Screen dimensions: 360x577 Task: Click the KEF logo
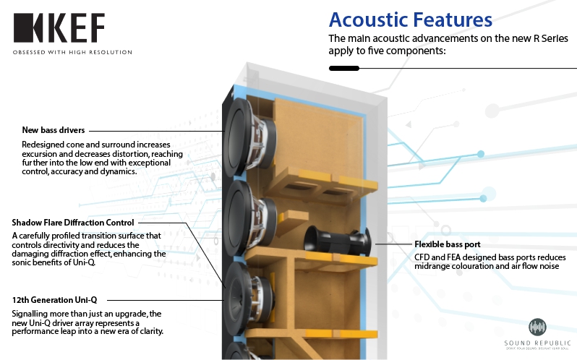click(x=59, y=28)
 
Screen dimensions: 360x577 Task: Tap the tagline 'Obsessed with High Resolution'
click(x=72, y=52)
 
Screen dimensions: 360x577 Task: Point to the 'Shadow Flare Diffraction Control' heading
click(x=73, y=222)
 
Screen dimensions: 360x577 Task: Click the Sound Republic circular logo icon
click(x=537, y=327)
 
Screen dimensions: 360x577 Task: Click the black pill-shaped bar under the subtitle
click(x=343, y=69)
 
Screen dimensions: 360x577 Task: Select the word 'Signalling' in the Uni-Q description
click(x=33, y=313)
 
